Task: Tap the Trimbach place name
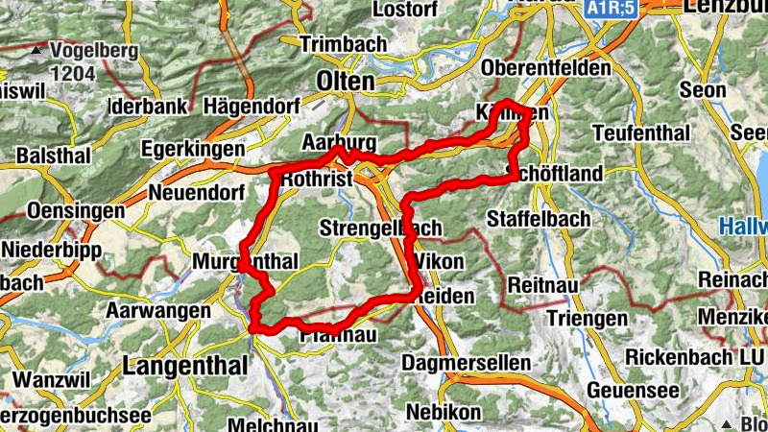343,44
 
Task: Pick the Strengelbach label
380,228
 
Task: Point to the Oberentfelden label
547,69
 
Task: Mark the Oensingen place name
63,210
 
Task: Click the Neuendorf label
192,192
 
